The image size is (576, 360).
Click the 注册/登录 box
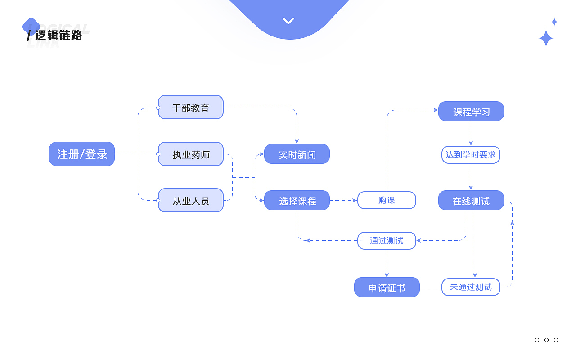coord(82,154)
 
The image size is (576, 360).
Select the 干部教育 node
coord(191,108)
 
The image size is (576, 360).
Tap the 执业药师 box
coord(191,154)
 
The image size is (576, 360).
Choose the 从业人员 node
coord(191,201)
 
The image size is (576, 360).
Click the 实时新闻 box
coord(297,154)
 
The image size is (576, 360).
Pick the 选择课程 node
coord(297,201)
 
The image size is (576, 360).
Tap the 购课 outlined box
coord(387,200)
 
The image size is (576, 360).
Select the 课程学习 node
coord(471,112)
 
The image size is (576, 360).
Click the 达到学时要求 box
coord(471,155)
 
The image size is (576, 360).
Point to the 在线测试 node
coord(471,201)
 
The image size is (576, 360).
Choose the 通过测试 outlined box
coord(387,241)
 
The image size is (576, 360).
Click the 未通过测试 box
coord(471,287)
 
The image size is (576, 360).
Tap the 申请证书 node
coord(387,288)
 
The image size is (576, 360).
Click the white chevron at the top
coord(288,21)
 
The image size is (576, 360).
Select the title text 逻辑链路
coord(58,35)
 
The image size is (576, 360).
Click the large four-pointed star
coord(546,39)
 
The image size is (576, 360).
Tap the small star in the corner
coord(554,22)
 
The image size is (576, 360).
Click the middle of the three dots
coord(546,340)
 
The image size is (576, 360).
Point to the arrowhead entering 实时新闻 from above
coord(297,142)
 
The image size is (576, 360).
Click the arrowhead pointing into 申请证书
coord(387,275)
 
